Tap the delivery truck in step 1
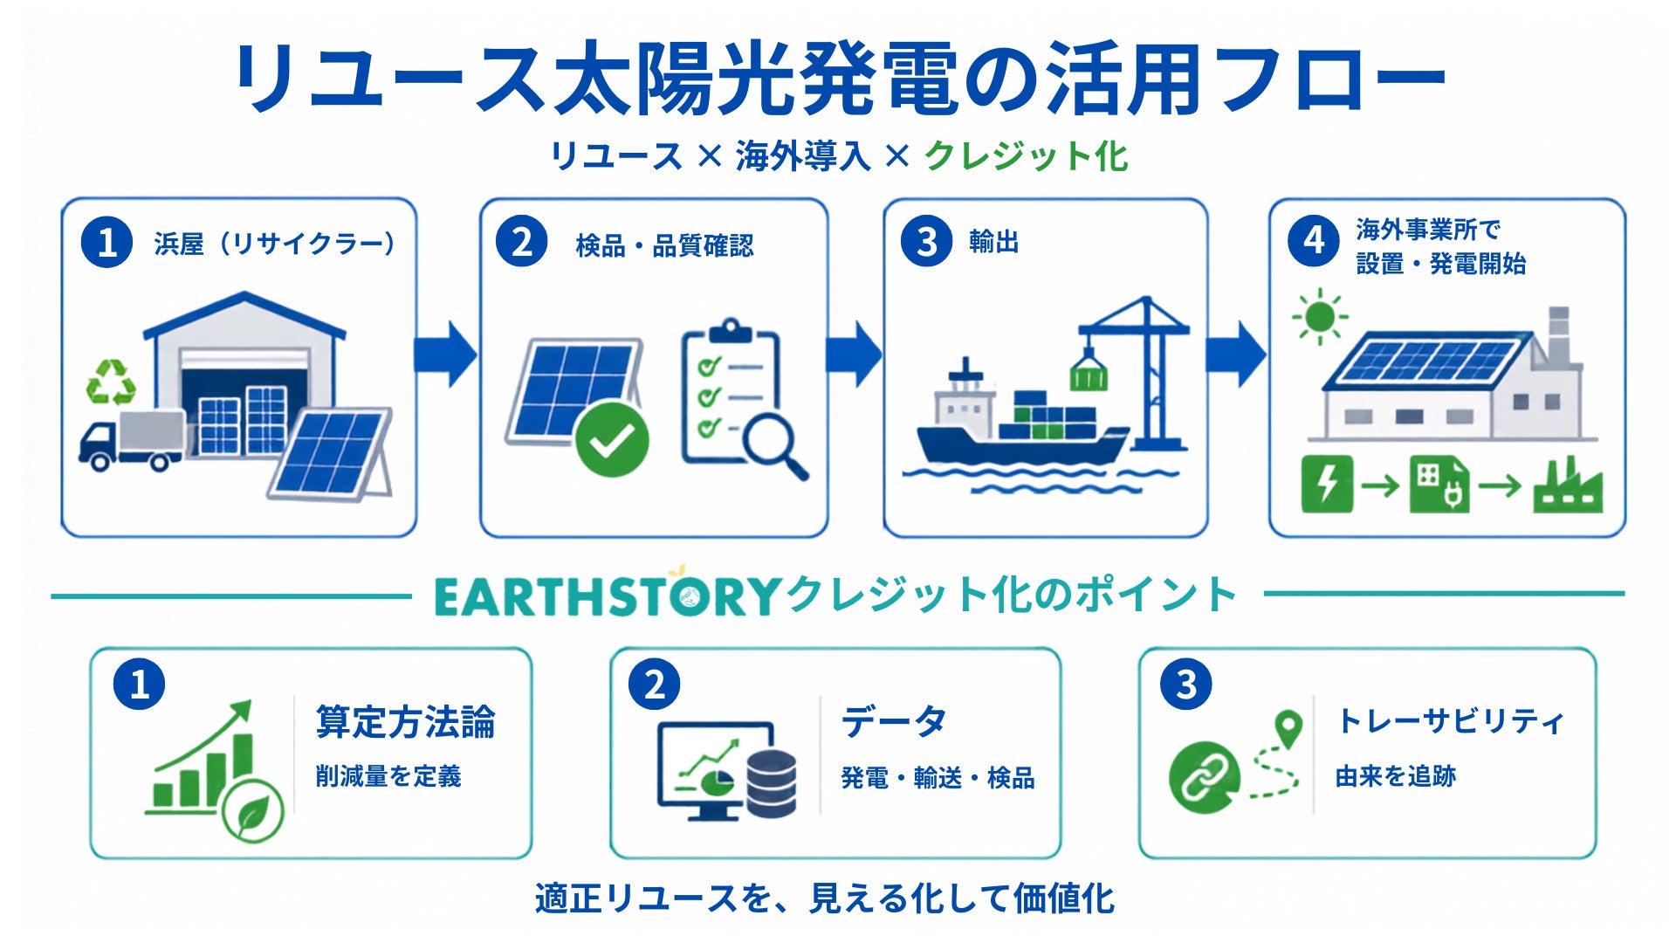pyautogui.click(x=132, y=440)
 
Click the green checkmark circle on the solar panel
pyautogui.click(x=612, y=439)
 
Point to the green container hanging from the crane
pyautogui.click(x=1089, y=372)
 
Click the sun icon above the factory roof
pyautogui.click(x=1319, y=316)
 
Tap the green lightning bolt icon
pyautogui.click(x=1327, y=483)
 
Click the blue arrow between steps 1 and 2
pyautogui.click(x=445, y=354)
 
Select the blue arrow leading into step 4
pyautogui.click(x=1235, y=354)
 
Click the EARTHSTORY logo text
pyautogui.click(x=607, y=596)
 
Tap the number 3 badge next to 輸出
pyautogui.click(x=926, y=242)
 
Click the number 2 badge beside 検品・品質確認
pyautogui.click(x=521, y=242)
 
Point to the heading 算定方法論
pyautogui.click(x=406, y=722)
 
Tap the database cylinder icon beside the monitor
pyautogui.click(x=772, y=783)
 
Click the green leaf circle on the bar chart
pyautogui.click(x=253, y=810)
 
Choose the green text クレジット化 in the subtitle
pyautogui.click(x=1026, y=156)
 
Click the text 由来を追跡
pyautogui.click(x=1396, y=775)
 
